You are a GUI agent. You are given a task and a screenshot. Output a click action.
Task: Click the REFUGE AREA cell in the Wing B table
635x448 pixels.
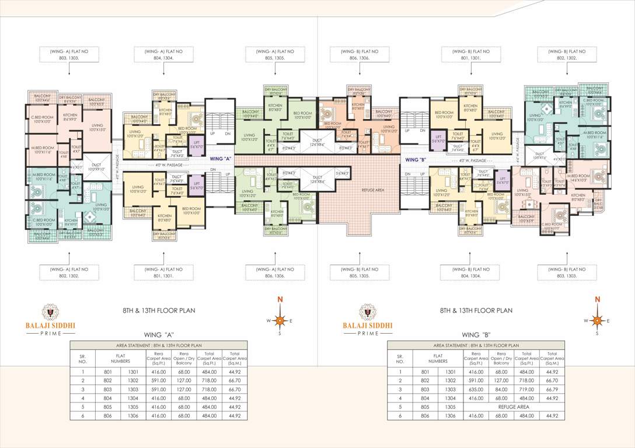tap(514, 407)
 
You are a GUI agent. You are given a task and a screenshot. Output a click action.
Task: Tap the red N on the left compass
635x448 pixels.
tap(280, 299)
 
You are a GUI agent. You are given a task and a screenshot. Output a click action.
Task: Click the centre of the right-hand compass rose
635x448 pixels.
tap(597, 320)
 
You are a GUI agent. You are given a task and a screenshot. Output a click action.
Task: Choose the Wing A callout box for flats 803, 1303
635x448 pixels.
tap(69, 54)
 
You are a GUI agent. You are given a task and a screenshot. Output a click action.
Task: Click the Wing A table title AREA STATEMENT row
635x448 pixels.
tap(159, 345)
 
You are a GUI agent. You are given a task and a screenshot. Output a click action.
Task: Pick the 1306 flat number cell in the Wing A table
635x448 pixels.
tap(134, 415)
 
